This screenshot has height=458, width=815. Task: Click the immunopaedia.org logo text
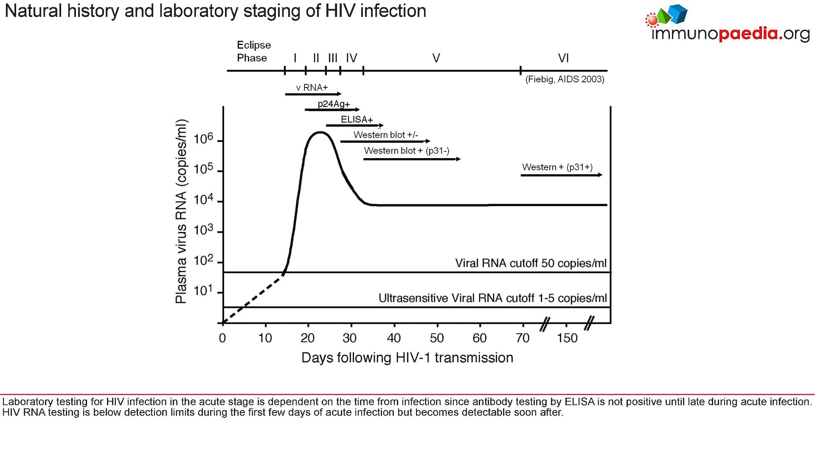(x=730, y=34)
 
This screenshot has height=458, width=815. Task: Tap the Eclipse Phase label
(x=253, y=51)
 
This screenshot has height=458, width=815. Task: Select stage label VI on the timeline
(x=563, y=58)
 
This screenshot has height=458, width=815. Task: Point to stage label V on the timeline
(x=436, y=58)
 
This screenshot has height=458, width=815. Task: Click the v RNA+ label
(x=312, y=88)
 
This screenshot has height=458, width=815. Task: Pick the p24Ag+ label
(x=334, y=104)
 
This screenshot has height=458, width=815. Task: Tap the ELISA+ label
(x=357, y=120)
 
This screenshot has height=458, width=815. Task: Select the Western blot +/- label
(x=385, y=135)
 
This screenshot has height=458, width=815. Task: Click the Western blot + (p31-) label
(x=407, y=151)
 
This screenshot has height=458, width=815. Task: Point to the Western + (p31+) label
(x=557, y=167)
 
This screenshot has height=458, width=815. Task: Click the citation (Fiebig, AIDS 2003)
(x=565, y=79)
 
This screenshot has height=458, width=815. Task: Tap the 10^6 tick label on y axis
(x=203, y=139)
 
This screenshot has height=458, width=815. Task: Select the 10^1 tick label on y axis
(x=203, y=291)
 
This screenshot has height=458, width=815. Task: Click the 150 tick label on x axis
(x=567, y=338)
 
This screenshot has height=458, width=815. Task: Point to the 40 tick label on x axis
(x=394, y=338)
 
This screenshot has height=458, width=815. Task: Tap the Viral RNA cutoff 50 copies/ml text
(x=531, y=263)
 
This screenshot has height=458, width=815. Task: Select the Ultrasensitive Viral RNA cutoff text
(x=492, y=298)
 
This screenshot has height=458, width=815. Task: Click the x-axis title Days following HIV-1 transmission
(x=407, y=358)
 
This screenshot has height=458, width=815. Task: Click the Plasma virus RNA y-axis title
(x=181, y=211)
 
